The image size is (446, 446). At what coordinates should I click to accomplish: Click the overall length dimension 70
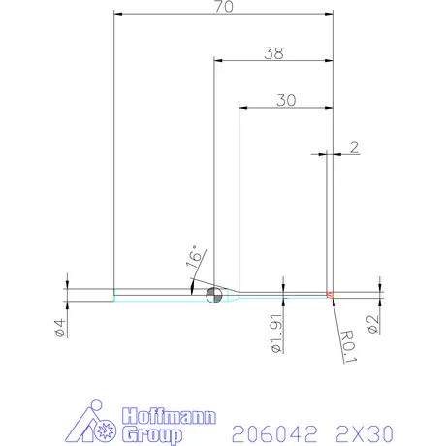pyautogui.click(x=224, y=6)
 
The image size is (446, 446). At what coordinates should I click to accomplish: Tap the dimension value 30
pyautogui.click(x=285, y=99)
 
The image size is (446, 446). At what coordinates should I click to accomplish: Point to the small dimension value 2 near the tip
pyautogui.click(x=354, y=147)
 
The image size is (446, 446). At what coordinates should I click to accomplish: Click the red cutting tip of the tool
pyautogui.click(x=330, y=294)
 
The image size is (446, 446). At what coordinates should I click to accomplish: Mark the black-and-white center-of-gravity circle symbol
pyautogui.click(x=214, y=294)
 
